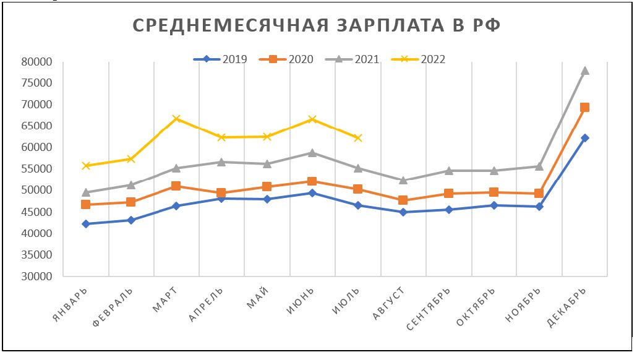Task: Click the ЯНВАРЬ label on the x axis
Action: click(x=69, y=304)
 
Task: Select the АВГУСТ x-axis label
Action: click(x=388, y=304)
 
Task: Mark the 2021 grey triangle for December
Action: click(x=584, y=71)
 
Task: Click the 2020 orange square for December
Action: click(x=584, y=108)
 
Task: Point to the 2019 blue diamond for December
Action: click(x=584, y=138)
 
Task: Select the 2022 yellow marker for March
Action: click(x=176, y=118)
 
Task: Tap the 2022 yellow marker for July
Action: click(x=357, y=138)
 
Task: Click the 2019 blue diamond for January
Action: click(x=86, y=224)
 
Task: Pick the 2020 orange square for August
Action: click(x=403, y=200)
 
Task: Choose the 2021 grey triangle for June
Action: click(x=312, y=153)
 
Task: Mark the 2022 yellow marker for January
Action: click(x=86, y=166)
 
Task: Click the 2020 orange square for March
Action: click(x=176, y=186)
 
